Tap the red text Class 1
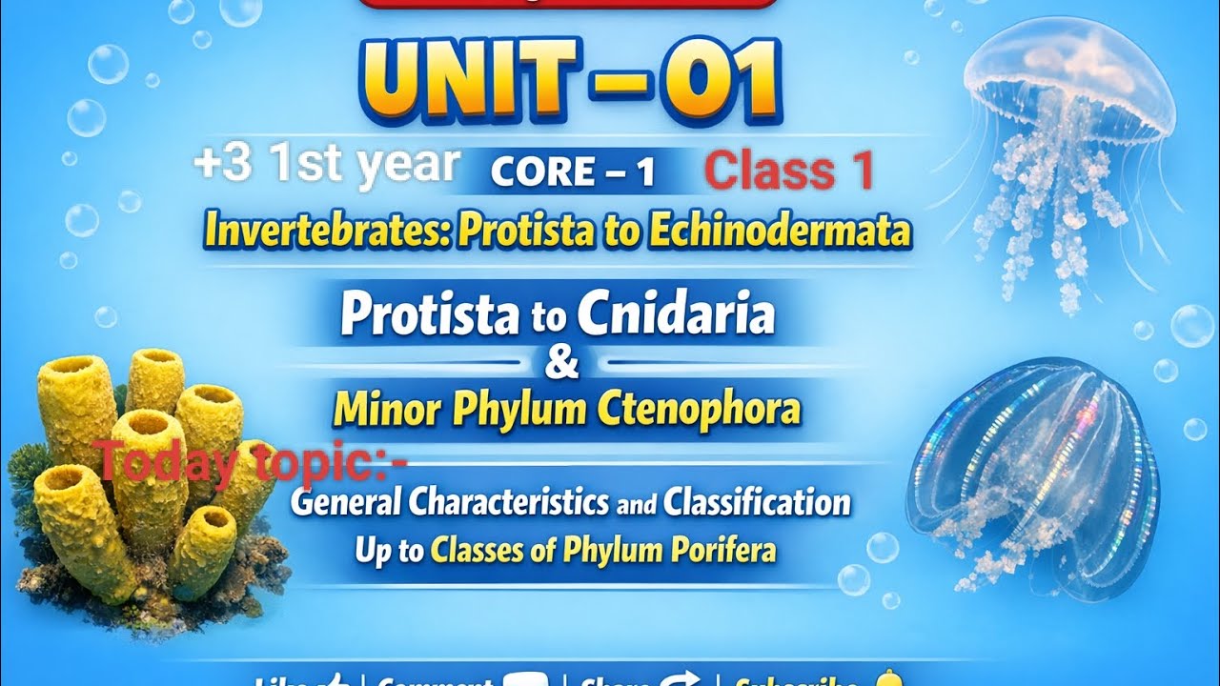point(789,171)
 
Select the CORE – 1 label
point(572,172)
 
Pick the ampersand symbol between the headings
point(566,364)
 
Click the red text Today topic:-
point(253,464)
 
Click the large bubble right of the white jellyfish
point(1191,326)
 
